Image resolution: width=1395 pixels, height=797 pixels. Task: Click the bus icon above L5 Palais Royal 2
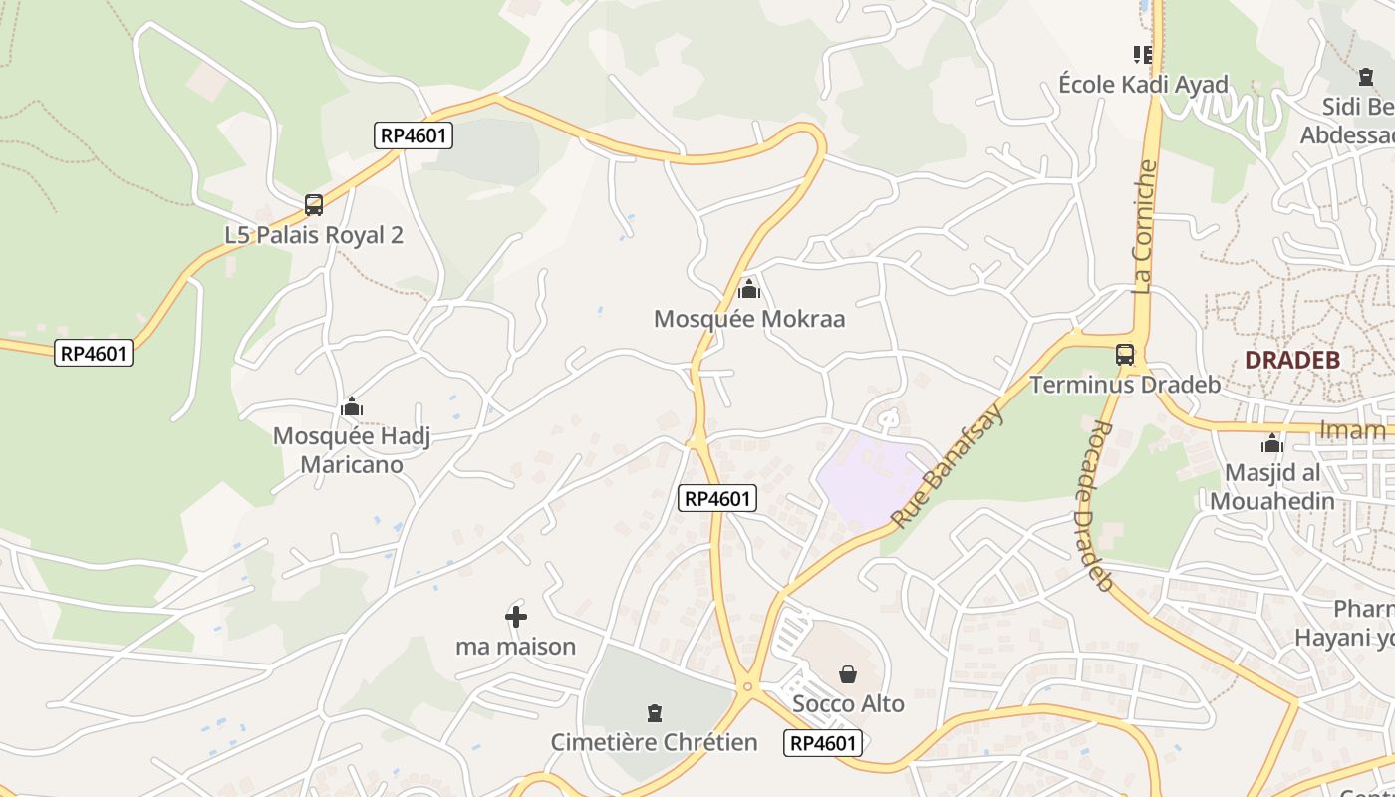click(314, 205)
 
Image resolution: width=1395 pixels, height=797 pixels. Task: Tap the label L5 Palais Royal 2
click(314, 235)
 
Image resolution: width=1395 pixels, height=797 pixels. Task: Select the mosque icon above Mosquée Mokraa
click(749, 290)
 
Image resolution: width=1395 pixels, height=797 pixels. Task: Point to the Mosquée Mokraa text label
click(749, 319)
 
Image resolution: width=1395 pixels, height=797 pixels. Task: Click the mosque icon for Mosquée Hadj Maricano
click(352, 407)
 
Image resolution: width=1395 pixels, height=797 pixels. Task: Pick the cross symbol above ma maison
click(516, 617)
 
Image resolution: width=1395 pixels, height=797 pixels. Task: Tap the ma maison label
click(516, 647)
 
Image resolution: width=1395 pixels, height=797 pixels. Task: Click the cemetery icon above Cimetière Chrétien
click(654, 713)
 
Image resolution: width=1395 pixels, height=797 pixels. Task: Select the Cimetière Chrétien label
click(654, 742)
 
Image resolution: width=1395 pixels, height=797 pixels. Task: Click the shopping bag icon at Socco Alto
click(848, 674)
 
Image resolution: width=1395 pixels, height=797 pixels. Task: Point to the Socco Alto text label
click(848, 704)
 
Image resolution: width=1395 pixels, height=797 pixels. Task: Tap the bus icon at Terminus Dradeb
click(1125, 354)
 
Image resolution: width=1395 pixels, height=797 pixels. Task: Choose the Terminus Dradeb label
click(1125, 384)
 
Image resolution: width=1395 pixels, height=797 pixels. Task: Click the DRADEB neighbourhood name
click(1292, 360)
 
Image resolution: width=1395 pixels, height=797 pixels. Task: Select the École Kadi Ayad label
click(1143, 84)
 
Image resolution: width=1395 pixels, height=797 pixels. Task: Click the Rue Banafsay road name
click(947, 465)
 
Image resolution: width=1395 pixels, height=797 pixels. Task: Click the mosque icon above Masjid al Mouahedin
click(1272, 443)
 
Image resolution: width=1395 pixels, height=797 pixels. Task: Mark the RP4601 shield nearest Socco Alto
click(823, 742)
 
